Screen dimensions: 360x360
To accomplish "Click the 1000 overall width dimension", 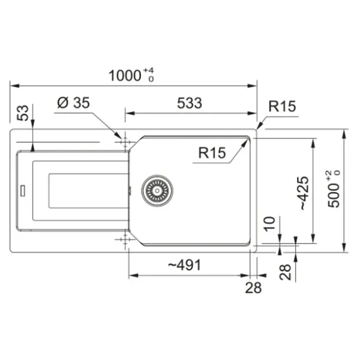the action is tap(124, 76).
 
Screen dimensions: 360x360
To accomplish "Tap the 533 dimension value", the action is tap(190, 103).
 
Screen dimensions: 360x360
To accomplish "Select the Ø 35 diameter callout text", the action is tap(73, 103).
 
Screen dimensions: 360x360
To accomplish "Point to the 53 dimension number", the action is tap(23, 113).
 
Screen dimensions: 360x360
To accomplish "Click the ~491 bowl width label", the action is tap(185, 265).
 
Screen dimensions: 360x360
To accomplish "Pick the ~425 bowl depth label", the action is tap(304, 193).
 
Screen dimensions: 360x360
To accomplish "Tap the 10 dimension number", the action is tap(269, 224).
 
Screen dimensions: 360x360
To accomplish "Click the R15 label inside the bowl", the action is tap(212, 152).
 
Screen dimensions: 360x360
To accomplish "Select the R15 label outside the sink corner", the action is tap(282, 106).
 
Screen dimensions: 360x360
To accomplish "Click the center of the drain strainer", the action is tap(157, 191).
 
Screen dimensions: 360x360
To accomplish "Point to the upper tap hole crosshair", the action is tap(125, 142).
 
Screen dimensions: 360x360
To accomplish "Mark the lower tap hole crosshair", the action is tap(125, 239).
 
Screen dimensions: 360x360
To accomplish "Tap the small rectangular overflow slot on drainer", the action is tap(23, 191).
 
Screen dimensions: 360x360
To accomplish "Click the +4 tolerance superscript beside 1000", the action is tap(148, 70).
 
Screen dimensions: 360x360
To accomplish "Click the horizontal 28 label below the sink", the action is tap(253, 287).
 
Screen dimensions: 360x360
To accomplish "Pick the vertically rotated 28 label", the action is tap(285, 272).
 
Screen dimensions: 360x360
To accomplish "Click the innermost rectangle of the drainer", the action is tap(88, 191).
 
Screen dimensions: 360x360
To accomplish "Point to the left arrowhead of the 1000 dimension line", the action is tap(14, 86).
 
